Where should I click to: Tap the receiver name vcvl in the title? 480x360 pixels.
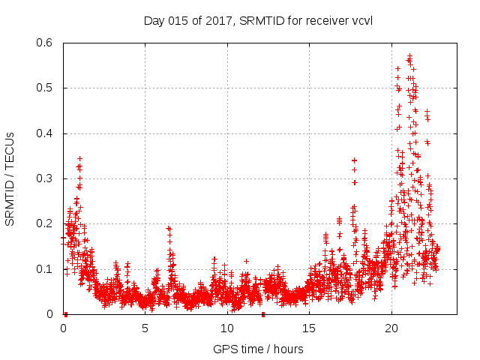[361, 20]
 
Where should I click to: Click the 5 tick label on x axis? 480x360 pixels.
[145, 328]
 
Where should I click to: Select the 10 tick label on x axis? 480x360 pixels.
[227, 328]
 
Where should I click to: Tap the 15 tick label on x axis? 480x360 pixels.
[309, 328]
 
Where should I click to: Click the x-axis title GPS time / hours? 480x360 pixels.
[258, 349]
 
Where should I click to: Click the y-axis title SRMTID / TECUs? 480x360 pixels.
[10, 178]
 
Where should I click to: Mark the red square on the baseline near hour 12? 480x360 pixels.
[263, 314]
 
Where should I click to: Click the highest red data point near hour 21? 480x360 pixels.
[409, 55]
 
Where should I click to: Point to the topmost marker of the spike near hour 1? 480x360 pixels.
[79, 158]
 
